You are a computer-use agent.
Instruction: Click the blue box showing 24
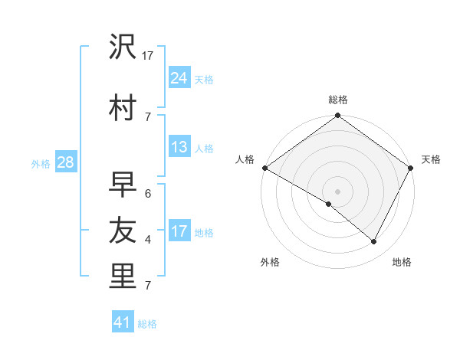pyautogui.click(x=179, y=77)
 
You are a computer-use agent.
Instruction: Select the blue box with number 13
pyautogui.click(x=179, y=147)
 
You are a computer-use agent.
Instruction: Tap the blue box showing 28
pyautogui.click(x=64, y=162)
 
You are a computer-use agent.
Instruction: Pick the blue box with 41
pyautogui.click(x=123, y=322)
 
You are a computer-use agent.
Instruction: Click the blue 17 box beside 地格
pyautogui.click(x=179, y=231)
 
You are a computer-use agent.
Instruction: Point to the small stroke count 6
pyautogui.click(x=148, y=194)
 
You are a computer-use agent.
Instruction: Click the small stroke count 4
pyautogui.click(x=148, y=240)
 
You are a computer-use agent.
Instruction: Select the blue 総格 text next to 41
pyautogui.click(x=147, y=324)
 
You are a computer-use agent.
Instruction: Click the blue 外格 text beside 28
pyautogui.click(x=41, y=163)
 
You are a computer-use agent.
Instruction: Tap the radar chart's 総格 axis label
pyautogui.click(x=338, y=100)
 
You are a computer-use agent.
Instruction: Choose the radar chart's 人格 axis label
pyautogui.click(x=245, y=159)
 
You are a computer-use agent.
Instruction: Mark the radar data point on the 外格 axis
pyautogui.click(x=329, y=205)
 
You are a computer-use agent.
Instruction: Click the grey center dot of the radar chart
pyautogui.click(x=337, y=191)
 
